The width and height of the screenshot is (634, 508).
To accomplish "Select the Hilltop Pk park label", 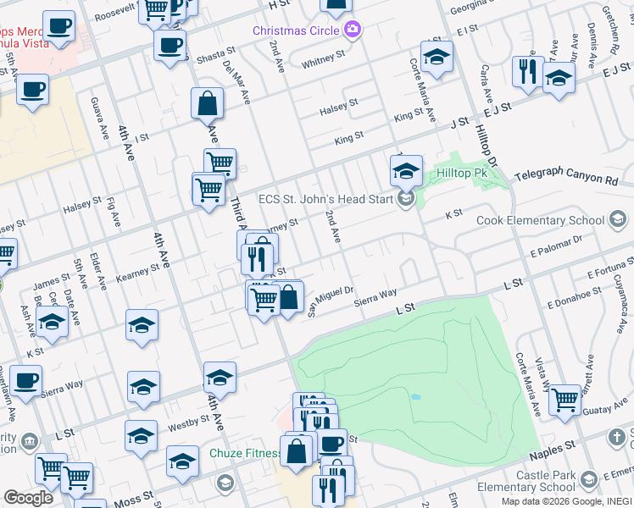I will tap(459, 173).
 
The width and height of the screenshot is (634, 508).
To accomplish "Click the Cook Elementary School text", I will tap(552, 220).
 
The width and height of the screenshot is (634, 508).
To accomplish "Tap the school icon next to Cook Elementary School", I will tap(618, 220).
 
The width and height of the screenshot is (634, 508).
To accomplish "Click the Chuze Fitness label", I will tap(245, 454).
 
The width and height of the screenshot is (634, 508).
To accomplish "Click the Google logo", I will tap(28, 498).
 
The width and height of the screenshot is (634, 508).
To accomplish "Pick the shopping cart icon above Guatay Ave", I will tap(564, 397).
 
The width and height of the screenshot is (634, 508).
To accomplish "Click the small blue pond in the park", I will tap(414, 396).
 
